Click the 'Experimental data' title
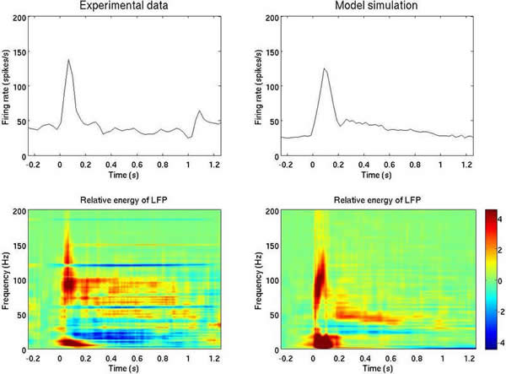[125, 8]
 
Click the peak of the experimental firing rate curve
[67, 60]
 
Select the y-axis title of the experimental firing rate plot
[6, 85]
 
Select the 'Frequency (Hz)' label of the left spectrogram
[6, 279]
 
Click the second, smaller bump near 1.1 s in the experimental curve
[200, 111]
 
